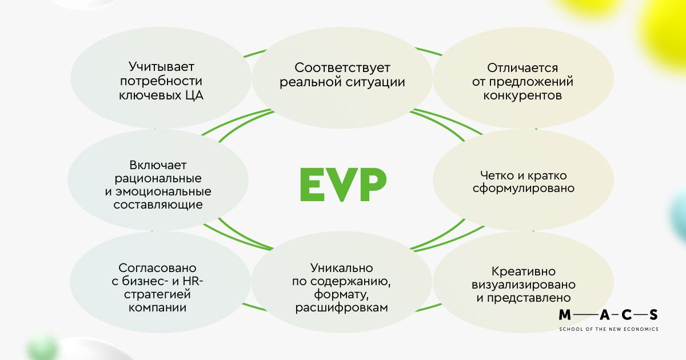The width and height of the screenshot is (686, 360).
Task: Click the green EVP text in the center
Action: point(342,184)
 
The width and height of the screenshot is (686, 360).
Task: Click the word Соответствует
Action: point(342,67)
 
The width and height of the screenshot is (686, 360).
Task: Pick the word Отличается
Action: point(522,67)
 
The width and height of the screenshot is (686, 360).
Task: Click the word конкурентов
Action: point(522,95)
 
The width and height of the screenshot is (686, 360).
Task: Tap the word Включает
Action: point(158,164)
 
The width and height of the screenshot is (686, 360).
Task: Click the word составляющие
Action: point(158,205)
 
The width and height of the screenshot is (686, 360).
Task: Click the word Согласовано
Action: point(157,267)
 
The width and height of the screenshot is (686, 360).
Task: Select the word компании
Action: point(157,309)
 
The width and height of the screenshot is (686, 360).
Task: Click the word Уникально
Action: point(342,267)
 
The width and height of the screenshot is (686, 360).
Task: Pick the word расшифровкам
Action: point(342,309)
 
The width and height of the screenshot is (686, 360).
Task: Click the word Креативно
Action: point(523,271)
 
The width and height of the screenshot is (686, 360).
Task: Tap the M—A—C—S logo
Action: point(608,315)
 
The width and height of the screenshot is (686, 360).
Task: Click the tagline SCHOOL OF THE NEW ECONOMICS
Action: point(608,329)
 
